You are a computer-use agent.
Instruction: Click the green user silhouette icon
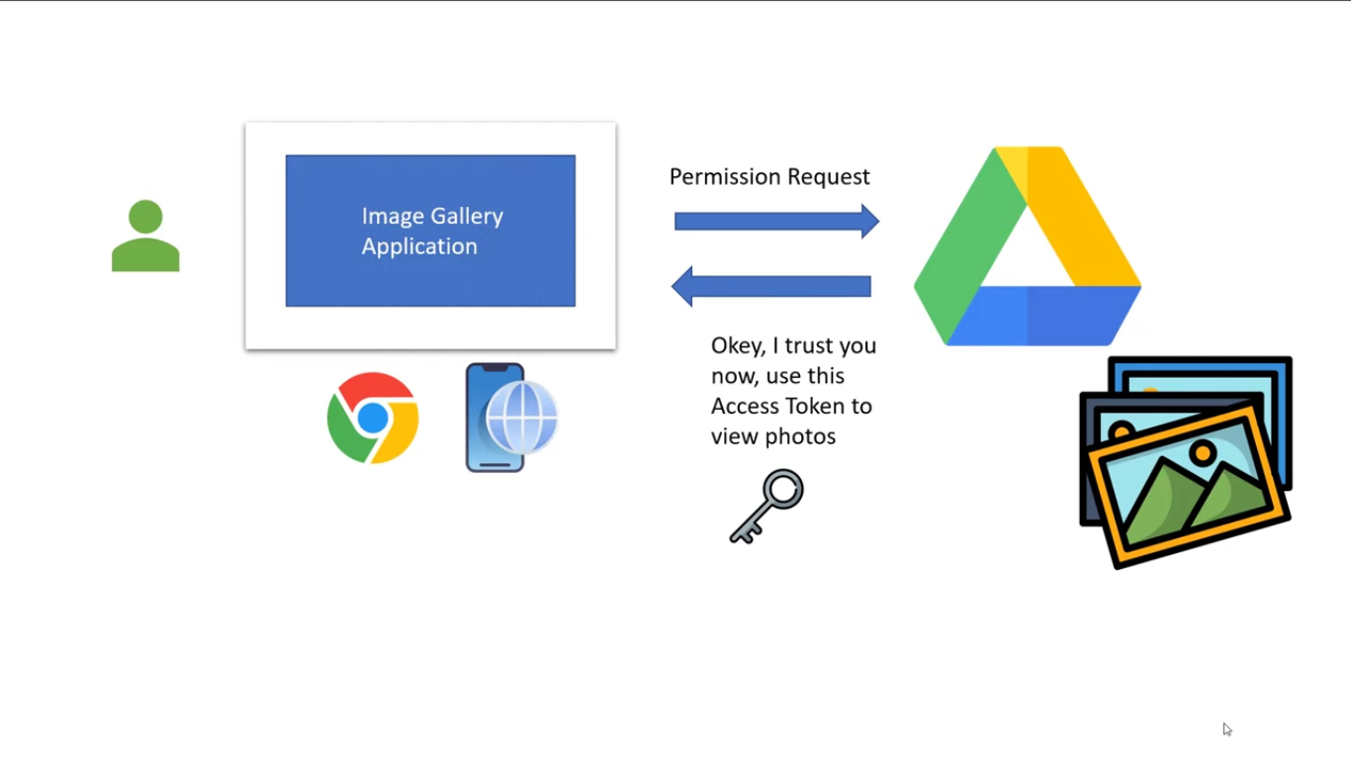click(145, 236)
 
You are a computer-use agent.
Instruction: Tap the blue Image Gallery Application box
click(430, 231)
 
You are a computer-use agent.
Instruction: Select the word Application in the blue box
click(419, 246)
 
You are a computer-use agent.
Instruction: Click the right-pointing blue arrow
click(776, 221)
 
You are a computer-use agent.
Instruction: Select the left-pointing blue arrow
click(770, 286)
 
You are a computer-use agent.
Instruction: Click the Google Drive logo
click(1028, 245)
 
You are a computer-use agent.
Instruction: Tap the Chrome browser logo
click(373, 418)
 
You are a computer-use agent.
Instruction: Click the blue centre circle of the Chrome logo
click(373, 418)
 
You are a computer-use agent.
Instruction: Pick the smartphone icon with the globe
click(511, 418)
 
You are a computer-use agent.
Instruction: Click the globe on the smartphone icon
click(521, 417)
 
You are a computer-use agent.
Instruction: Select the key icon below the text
click(766, 506)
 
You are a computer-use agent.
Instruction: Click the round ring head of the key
click(783, 490)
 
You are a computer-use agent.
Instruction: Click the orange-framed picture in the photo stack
click(1188, 487)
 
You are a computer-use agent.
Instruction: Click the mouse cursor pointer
click(1226, 729)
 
